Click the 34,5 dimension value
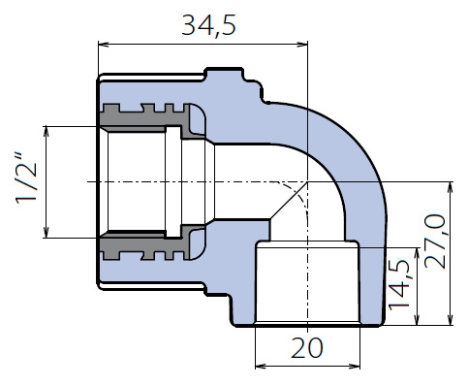click(208, 25)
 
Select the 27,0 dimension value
click(434, 241)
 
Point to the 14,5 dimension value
click(399, 285)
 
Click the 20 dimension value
click(307, 348)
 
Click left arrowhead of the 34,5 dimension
click(104, 45)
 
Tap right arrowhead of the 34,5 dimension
click(302, 45)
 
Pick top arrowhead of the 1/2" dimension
click(47, 132)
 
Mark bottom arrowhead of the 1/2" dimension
click(47, 232)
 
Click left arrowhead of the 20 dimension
click(261, 367)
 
